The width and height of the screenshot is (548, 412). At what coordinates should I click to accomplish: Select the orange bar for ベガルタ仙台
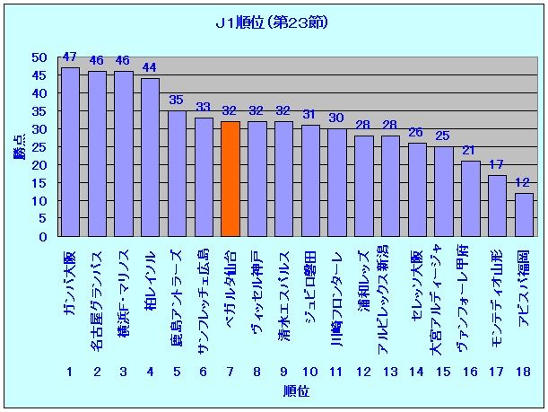231,179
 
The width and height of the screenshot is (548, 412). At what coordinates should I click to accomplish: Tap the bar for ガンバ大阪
70,152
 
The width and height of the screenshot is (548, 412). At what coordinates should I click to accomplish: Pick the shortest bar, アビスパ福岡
524,215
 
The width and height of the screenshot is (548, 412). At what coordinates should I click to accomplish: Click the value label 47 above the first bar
69,57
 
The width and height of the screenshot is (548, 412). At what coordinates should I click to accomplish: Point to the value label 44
150,68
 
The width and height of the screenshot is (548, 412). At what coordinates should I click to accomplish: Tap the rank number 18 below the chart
525,371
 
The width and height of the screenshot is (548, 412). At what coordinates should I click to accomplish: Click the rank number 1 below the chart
69,371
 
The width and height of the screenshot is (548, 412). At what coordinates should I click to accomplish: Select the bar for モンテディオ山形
498,206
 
